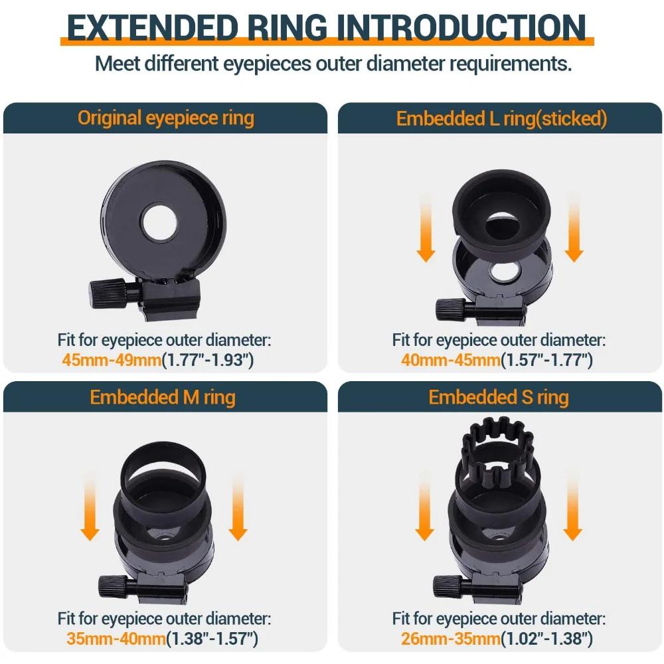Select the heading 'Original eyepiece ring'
[x=165, y=118]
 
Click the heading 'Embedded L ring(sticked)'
[x=501, y=118]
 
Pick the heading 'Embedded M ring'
[x=163, y=397]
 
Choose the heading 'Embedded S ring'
[x=499, y=397]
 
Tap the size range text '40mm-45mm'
[x=450, y=361]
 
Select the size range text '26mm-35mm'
[x=450, y=639]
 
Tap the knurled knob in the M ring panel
[x=107, y=586]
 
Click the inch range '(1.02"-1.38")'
[x=545, y=639]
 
